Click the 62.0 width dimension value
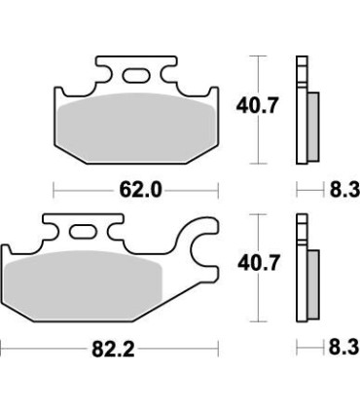(x=138, y=190)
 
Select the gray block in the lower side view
(x=311, y=282)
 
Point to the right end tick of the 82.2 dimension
(x=219, y=346)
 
